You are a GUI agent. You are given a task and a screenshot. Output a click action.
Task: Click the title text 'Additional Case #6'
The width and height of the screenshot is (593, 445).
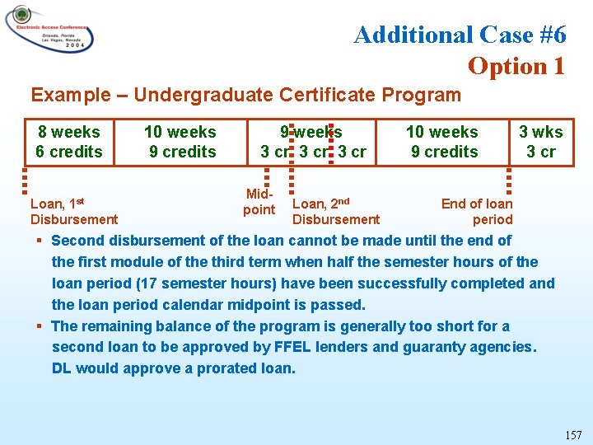[460, 35]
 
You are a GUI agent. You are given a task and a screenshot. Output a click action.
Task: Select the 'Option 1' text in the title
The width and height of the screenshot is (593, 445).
[516, 66]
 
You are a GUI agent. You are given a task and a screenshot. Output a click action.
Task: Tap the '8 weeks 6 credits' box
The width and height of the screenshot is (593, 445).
[69, 142]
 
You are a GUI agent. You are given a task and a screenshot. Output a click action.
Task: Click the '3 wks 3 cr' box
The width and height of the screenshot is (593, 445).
[541, 142]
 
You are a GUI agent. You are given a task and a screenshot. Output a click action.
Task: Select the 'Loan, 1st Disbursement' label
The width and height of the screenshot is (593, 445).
[73, 212]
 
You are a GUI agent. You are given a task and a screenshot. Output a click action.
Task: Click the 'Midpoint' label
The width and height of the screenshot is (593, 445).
[259, 202]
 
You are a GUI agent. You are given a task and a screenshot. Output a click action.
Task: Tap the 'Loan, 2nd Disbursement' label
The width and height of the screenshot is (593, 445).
[336, 212]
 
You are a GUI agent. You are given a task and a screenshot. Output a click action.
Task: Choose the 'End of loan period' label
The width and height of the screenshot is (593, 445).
[478, 212]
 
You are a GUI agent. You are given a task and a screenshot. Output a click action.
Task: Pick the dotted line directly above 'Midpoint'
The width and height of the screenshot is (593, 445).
[266, 176]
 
